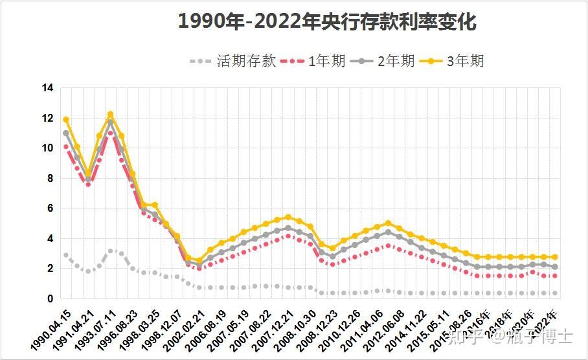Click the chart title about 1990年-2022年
[327, 22]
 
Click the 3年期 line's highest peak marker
[110, 115]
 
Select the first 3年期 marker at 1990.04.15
[65, 120]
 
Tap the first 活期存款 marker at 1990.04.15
[65, 255]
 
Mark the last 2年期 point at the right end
[555, 267]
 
